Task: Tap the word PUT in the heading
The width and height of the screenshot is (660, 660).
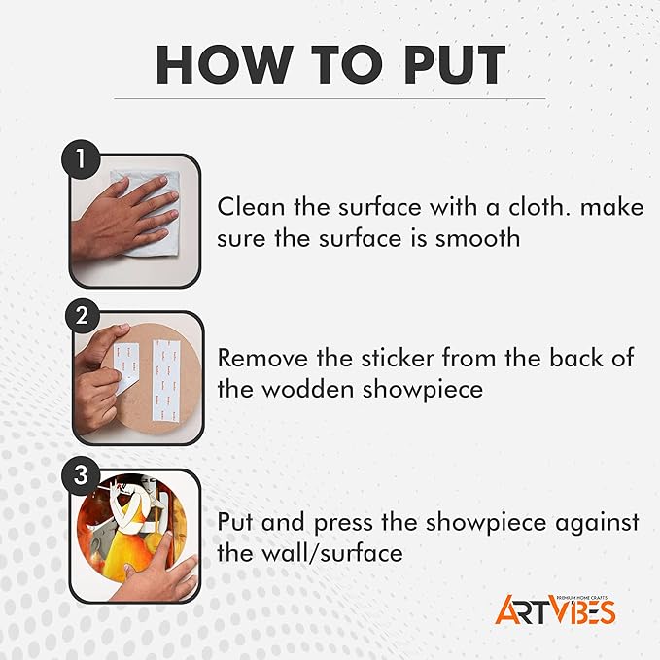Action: pos(454,64)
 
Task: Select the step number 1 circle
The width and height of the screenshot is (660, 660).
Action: pos(81,159)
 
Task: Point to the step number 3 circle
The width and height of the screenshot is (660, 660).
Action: pos(81,475)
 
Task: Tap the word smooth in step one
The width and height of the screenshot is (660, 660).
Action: pos(477,239)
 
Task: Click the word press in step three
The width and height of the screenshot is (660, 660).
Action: pos(343,523)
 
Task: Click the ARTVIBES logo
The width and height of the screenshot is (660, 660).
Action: pos(555,609)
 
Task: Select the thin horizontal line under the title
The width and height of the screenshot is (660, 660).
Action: pos(330,99)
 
